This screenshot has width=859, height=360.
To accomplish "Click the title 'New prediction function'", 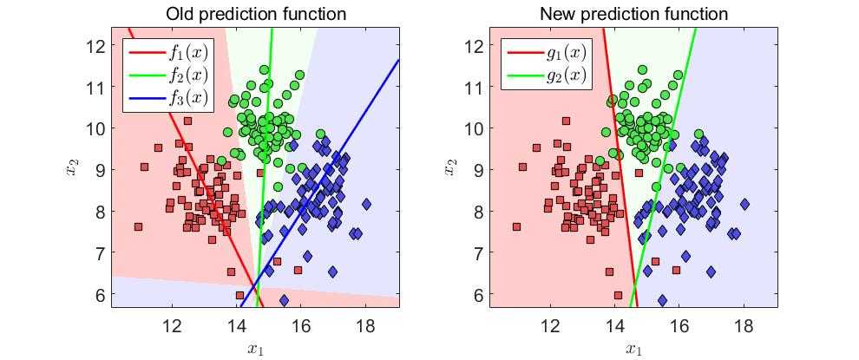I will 633,14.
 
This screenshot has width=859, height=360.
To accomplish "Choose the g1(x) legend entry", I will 566,53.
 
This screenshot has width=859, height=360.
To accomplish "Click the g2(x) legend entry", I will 566,75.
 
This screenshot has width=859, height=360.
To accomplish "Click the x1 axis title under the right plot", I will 633,350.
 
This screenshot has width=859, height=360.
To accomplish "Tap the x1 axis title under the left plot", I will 255,350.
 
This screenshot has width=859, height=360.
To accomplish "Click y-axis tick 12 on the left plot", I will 96,45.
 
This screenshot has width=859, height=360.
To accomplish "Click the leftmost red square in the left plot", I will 138,227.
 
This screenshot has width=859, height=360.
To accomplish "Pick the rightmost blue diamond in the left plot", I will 366,205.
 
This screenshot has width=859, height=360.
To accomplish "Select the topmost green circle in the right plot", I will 642,70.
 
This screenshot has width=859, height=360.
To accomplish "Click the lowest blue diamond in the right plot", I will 662,300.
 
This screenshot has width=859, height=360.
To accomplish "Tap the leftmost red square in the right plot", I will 516,227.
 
